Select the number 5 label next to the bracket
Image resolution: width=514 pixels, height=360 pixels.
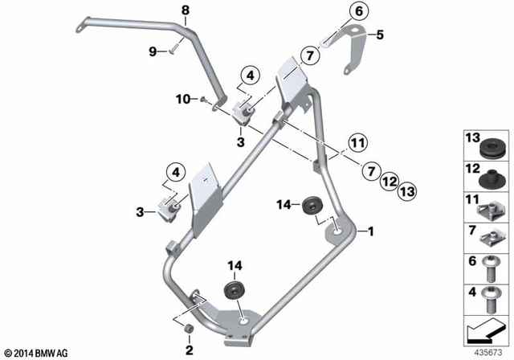pyautogui.click(x=381, y=35)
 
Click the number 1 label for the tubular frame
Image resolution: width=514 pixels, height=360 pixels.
pyautogui.click(x=370, y=231)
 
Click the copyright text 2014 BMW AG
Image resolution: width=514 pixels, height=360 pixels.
pyautogui.click(x=37, y=352)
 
